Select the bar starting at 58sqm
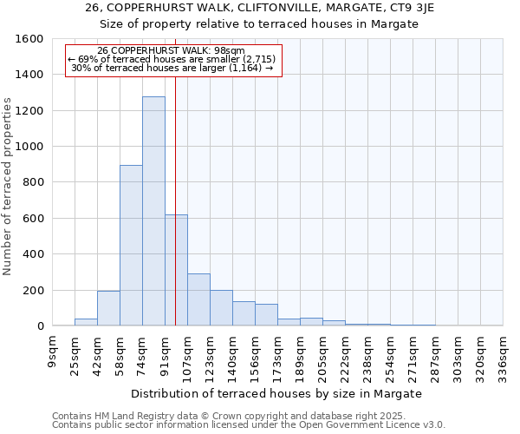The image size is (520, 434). coord(131,246)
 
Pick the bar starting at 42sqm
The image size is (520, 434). coord(108,308)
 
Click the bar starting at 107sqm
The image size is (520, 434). coord(198,299)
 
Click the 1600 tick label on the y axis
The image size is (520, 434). coord(29,39)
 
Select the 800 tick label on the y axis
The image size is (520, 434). coord(33,182)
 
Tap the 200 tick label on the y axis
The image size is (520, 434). coord(33,290)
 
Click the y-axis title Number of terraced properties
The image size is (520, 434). coord(9,187)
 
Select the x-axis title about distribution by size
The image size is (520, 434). coord(277,393)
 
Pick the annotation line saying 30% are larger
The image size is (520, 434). coord(172,68)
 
